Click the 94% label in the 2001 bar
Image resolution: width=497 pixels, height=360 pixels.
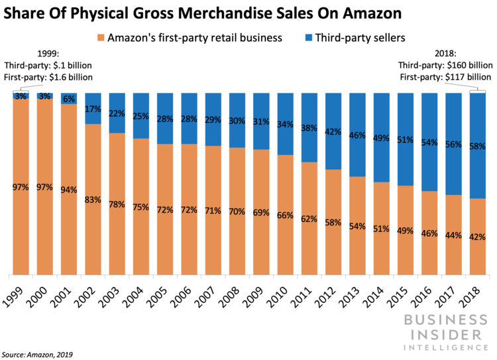coord(69,190)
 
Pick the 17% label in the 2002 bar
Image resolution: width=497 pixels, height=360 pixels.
coord(93,109)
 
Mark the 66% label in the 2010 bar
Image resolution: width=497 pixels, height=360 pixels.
coord(286,215)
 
